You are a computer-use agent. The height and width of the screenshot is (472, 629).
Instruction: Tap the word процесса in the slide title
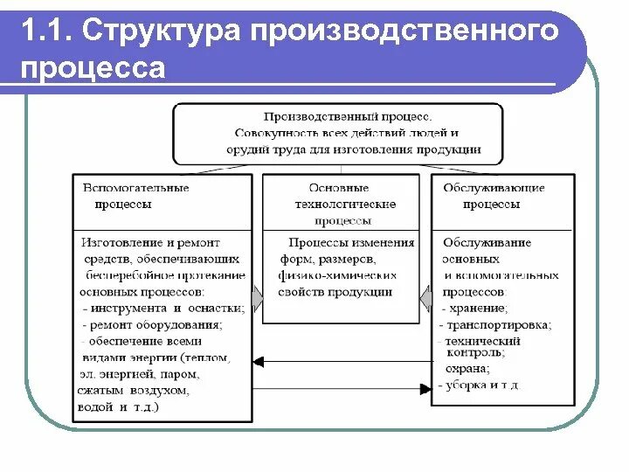[93, 68]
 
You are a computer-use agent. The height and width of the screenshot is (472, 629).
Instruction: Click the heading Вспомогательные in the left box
[135, 188]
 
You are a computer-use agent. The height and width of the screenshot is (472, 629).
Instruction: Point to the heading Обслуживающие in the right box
[494, 188]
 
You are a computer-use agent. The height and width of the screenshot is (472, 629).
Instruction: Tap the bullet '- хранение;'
[476, 308]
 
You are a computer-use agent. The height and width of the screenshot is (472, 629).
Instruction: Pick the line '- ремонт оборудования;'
[152, 324]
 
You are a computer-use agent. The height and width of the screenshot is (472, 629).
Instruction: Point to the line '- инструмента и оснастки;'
[162, 308]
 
